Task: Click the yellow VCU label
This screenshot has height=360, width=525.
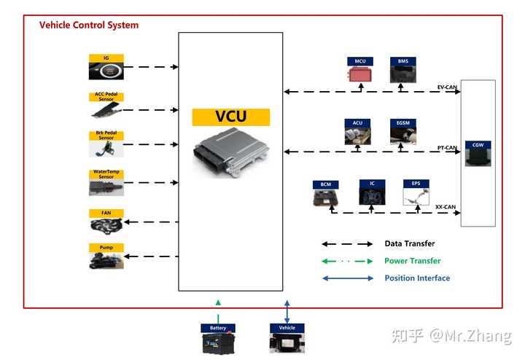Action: pos(230,117)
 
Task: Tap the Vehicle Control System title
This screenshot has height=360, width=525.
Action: pos(89,25)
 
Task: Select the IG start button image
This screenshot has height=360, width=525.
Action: pos(106,71)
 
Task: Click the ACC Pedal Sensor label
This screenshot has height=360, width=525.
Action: pos(106,95)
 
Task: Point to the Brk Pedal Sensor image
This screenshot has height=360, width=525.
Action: pos(106,149)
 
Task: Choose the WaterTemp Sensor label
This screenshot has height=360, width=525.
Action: pos(106,174)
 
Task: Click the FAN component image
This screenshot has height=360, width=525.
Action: pos(106,225)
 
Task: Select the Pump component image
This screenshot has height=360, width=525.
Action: pos(106,261)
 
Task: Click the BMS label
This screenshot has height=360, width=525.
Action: pos(403,61)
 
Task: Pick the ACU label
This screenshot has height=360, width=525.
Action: pos(357,123)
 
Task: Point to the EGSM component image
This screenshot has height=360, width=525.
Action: pos(403,136)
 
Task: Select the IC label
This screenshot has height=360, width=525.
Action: pos(371,184)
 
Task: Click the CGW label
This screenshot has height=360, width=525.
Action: pos(478,144)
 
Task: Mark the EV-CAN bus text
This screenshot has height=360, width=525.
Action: pos(446,86)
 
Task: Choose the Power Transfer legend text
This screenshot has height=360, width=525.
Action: pos(413,261)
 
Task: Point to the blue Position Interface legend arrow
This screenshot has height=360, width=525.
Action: pos(347,278)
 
